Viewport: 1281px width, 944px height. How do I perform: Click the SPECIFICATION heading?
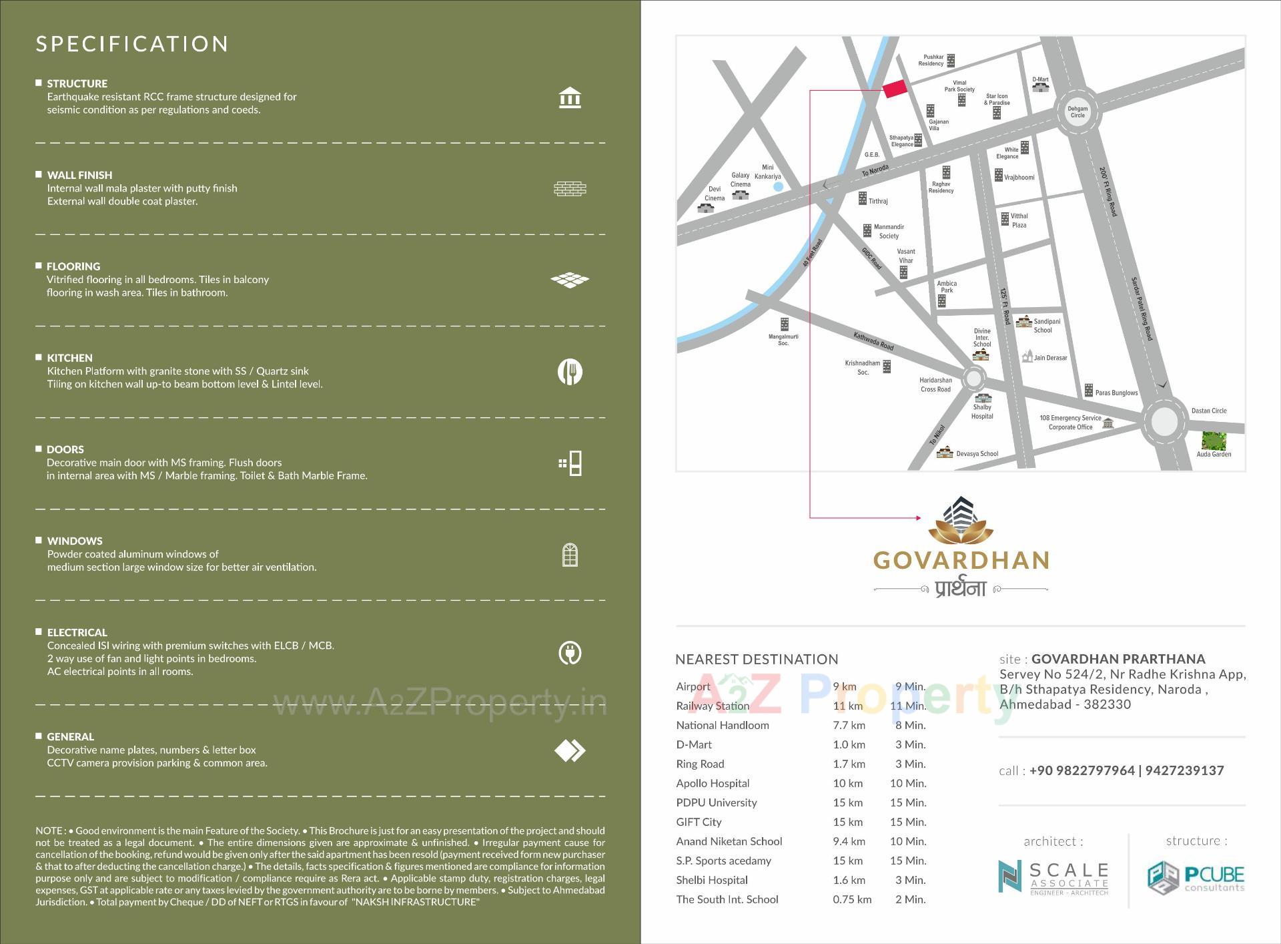point(132,44)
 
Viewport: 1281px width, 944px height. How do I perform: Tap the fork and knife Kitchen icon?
point(570,372)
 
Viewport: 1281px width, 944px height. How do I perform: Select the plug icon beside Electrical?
point(570,653)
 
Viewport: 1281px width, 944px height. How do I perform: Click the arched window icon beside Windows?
point(570,555)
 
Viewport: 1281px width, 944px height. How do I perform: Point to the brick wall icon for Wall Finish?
point(570,189)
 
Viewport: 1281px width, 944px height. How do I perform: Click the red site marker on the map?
point(895,89)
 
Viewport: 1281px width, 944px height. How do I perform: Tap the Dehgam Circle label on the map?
point(1078,112)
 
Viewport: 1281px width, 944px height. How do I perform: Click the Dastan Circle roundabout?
point(1164,421)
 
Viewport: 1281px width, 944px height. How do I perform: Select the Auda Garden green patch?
point(1214,441)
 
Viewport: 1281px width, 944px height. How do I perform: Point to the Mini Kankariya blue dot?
point(778,187)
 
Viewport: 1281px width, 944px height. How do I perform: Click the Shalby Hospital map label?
point(982,412)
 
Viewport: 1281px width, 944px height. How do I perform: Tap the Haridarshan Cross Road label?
point(935,385)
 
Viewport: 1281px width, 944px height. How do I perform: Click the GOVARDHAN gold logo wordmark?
point(961,560)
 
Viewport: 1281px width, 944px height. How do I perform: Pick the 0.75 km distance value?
point(852,899)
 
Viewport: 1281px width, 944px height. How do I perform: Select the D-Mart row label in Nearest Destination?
point(694,744)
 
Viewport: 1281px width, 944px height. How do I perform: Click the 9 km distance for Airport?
point(845,686)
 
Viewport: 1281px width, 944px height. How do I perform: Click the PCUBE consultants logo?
point(1196,877)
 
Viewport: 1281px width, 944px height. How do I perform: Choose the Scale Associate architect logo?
point(1053,877)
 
